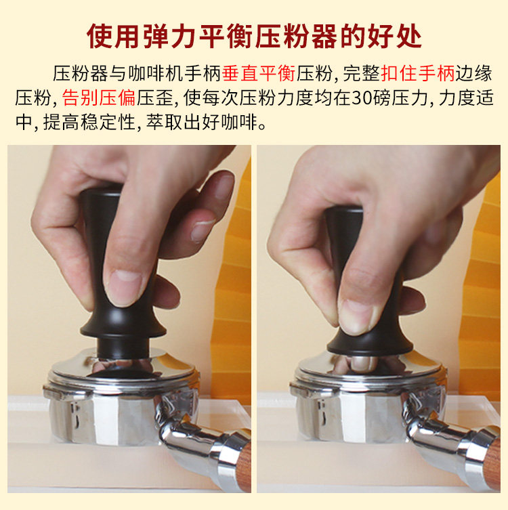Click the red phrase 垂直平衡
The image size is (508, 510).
[259, 74]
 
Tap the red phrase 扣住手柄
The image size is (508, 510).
[417, 74]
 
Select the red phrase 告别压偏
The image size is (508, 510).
[98, 98]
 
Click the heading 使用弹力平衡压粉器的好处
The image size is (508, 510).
[254, 36]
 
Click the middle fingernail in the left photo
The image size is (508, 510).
[202, 230]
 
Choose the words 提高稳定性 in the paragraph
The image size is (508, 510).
[89, 123]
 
